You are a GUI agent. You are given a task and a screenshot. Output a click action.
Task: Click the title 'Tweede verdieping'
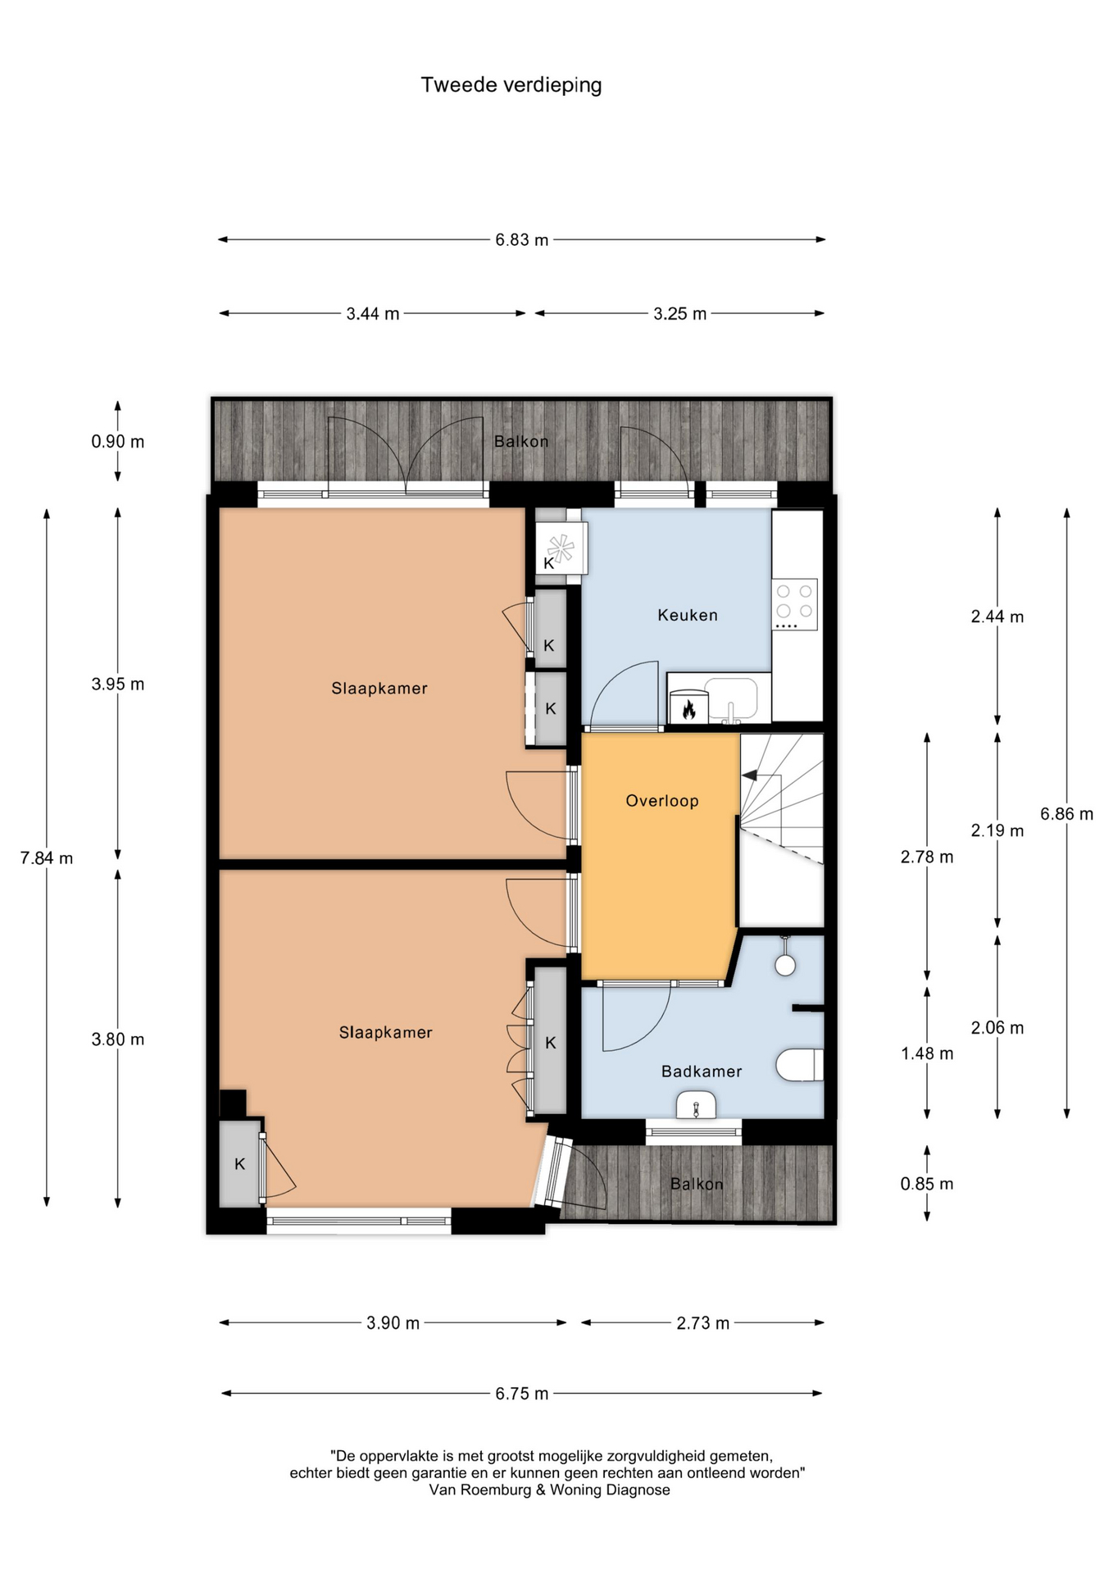pyautogui.click(x=511, y=85)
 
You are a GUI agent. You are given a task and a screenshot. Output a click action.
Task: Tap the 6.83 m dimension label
pyautogui.click(x=521, y=240)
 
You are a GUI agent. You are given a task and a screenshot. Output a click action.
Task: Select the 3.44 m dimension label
pyautogui.click(x=372, y=313)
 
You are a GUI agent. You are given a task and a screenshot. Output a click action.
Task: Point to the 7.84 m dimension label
pyautogui.click(x=47, y=858)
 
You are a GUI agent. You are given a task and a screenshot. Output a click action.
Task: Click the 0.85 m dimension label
pyautogui.click(x=927, y=1184)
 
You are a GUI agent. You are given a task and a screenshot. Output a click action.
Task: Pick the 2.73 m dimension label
pyautogui.click(x=702, y=1323)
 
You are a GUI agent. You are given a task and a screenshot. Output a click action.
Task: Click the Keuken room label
pyautogui.click(x=688, y=615)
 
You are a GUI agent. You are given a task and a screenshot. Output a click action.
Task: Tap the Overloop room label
pyautogui.click(x=662, y=801)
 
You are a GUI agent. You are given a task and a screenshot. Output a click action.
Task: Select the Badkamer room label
pyautogui.click(x=702, y=1071)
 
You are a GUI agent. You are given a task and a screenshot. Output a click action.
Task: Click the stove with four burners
pyautogui.click(x=795, y=605)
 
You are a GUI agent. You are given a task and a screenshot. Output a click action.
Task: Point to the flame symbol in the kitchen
pyautogui.click(x=688, y=708)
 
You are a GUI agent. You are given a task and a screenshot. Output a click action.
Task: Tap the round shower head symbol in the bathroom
pyautogui.click(x=785, y=965)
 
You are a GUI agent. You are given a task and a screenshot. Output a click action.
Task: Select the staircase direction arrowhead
pyautogui.click(x=749, y=775)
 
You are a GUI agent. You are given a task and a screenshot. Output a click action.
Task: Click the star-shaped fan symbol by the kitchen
pyautogui.click(x=561, y=548)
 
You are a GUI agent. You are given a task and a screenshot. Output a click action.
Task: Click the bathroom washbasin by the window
pyautogui.click(x=696, y=1106)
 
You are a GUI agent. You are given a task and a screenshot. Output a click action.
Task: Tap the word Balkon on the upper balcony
pyautogui.click(x=521, y=442)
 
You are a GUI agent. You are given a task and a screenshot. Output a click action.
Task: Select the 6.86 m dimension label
pyautogui.click(x=1066, y=814)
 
